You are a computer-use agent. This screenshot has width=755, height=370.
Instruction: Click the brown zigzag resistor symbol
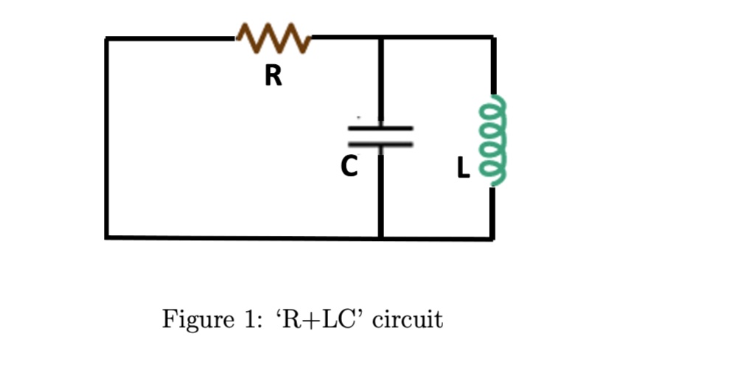[x=274, y=38]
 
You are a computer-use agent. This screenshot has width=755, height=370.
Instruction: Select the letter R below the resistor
[x=274, y=75]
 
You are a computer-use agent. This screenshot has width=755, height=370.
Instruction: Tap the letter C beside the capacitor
[x=349, y=167]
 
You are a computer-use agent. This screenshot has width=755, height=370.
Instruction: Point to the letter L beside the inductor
[x=462, y=169]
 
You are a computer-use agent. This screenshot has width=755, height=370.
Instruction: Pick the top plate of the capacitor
[x=380, y=128]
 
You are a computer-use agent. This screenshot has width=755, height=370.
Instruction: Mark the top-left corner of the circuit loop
[x=107, y=38]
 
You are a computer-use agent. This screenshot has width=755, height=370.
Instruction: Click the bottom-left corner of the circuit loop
[x=107, y=237]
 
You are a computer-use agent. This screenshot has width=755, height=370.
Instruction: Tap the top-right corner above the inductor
[x=493, y=38]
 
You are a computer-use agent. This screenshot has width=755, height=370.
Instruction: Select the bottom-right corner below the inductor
[x=493, y=238]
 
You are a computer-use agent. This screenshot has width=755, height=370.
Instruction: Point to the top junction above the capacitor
[x=380, y=38]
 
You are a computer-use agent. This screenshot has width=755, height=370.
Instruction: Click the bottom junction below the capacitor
[x=380, y=237]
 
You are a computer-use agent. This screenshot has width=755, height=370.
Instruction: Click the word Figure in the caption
[x=186, y=321]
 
